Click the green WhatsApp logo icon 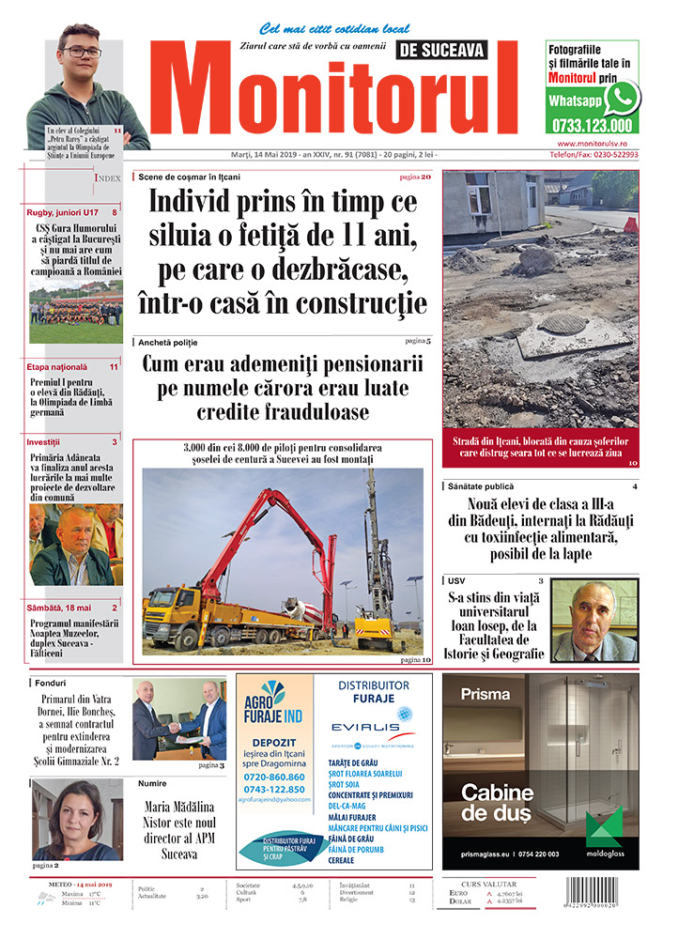(x=621, y=98)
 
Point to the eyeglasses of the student (x=83, y=52)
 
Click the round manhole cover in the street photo (x=562, y=323)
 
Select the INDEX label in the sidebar (x=107, y=177)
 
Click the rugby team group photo (x=75, y=312)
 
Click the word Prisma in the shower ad (x=486, y=695)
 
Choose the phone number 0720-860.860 (x=273, y=777)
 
